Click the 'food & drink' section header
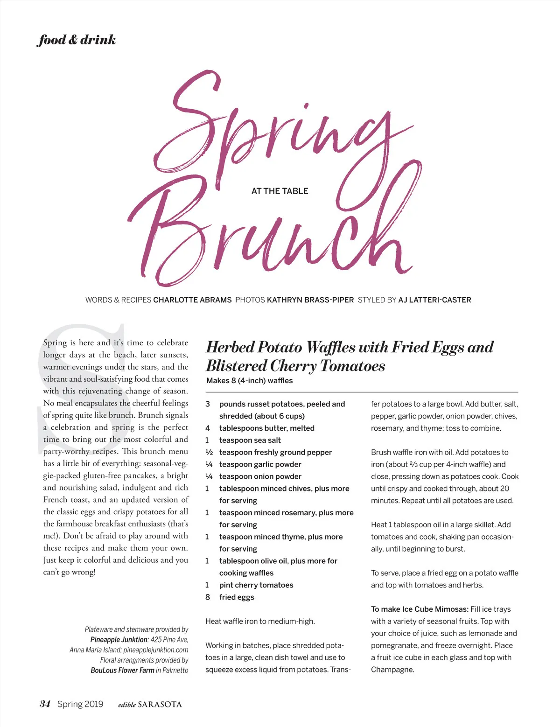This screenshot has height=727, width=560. click(76, 40)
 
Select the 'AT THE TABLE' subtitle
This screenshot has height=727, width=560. click(280, 191)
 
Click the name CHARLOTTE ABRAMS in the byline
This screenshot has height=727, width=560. click(192, 300)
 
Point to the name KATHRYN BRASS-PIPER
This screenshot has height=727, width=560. click(310, 300)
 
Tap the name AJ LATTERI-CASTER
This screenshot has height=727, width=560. click(434, 300)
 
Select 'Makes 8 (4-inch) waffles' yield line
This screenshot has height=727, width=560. click(250, 381)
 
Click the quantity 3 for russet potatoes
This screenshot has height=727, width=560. click(208, 404)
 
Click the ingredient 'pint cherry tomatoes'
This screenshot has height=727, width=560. click(256, 585)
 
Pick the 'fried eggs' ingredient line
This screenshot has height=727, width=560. click(237, 597)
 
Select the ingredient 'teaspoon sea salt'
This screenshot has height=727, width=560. click(250, 440)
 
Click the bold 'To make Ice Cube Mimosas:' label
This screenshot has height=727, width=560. click(420, 609)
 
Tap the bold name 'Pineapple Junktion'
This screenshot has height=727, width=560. click(119, 640)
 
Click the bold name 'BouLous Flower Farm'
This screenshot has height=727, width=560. click(122, 671)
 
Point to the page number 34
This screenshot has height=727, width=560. click(45, 704)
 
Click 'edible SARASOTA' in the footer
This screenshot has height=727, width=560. click(150, 705)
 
